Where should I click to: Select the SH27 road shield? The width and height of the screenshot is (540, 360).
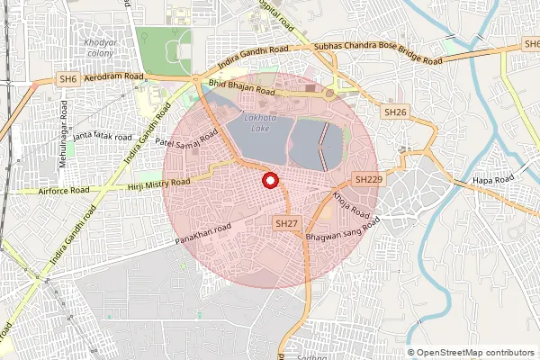coord(287,222)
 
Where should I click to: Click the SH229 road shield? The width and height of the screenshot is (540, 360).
coord(367,180)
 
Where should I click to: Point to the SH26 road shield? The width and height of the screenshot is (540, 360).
coord(395,112)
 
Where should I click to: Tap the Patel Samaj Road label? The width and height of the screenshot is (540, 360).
coord(186,138)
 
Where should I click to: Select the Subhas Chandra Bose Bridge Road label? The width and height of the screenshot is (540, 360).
coord(378,53)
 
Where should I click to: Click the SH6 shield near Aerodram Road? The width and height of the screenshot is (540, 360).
coord(67,79)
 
